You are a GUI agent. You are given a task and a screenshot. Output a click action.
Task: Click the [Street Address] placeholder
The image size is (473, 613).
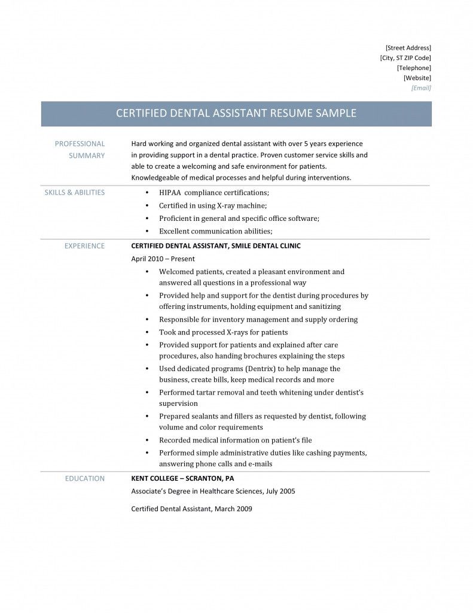click(x=408, y=47)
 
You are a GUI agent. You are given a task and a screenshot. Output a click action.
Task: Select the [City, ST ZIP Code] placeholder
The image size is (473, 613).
click(x=405, y=57)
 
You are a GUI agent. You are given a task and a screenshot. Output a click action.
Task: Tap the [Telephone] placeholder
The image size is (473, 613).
click(x=413, y=68)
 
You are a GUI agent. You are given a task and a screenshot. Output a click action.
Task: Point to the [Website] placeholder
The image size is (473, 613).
click(x=417, y=78)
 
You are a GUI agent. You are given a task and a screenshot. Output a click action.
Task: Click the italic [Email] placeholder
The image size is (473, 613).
click(x=421, y=88)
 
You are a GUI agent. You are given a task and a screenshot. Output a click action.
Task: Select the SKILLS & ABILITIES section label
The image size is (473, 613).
click(x=74, y=193)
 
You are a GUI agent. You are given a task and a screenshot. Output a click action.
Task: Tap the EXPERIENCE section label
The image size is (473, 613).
click(x=84, y=246)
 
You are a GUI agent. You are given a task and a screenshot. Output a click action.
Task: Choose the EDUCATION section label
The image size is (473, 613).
click(x=84, y=478)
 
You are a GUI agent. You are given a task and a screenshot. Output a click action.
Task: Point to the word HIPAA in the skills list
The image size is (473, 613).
click(x=170, y=193)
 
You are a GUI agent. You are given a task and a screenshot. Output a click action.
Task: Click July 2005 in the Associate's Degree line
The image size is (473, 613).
click(x=280, y=491)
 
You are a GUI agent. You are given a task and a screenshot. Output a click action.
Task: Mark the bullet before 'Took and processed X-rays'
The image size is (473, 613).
click(x=147, y=332)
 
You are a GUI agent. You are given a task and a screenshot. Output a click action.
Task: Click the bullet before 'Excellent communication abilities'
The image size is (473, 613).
click(x=147, y=231)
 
